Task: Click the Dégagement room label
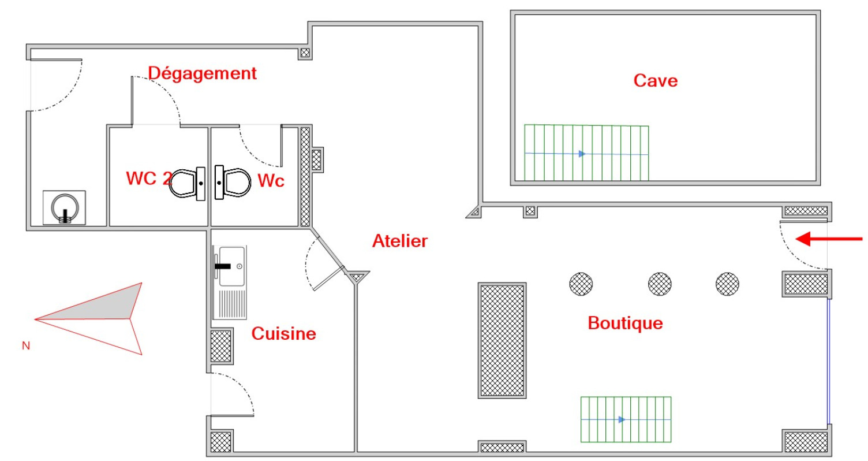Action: [202, 73]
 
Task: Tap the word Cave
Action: [656, 81]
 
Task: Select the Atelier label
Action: [400, 241]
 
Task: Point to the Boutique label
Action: [626, 323]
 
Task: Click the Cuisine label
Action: [283, 333]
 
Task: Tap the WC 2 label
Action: [149, 179]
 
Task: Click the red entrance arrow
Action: [829, 239]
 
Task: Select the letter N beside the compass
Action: [26, 345]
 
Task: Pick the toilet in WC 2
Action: [188, 183]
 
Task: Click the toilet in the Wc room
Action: [233, 183]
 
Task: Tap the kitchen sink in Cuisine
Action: [230, 282]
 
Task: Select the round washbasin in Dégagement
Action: [64, 208]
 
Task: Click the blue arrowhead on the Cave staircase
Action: [582, 154]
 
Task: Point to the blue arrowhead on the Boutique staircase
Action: [622, 419]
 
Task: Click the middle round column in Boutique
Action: [660, 284]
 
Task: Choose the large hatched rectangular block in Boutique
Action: [502, 340]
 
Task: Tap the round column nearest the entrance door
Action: [727, 284]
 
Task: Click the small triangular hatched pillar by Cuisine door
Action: [357, 277]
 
